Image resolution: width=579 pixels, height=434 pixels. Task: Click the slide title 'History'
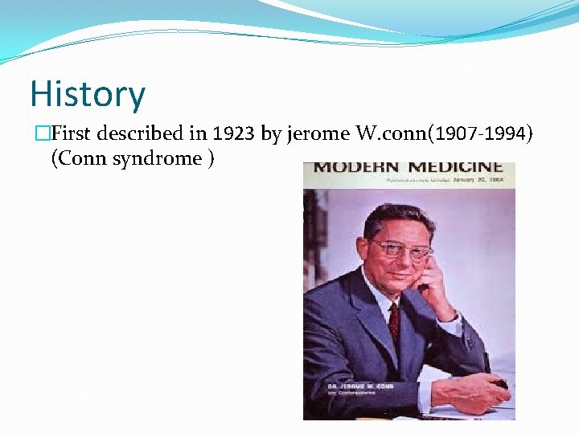[x=88, y=93]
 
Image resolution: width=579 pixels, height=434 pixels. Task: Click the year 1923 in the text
[x=233, y=134]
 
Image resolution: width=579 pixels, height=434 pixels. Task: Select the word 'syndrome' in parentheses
[x=158, y=158]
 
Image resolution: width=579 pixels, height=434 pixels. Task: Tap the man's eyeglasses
[x=400, y=249]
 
